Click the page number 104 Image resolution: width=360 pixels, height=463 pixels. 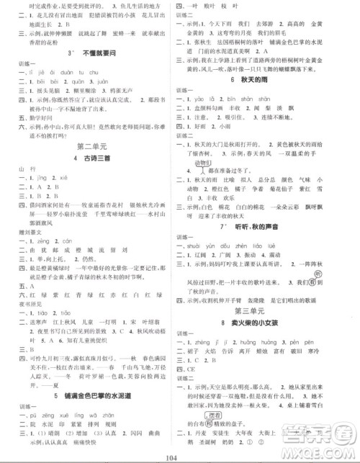tap(179, 457)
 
